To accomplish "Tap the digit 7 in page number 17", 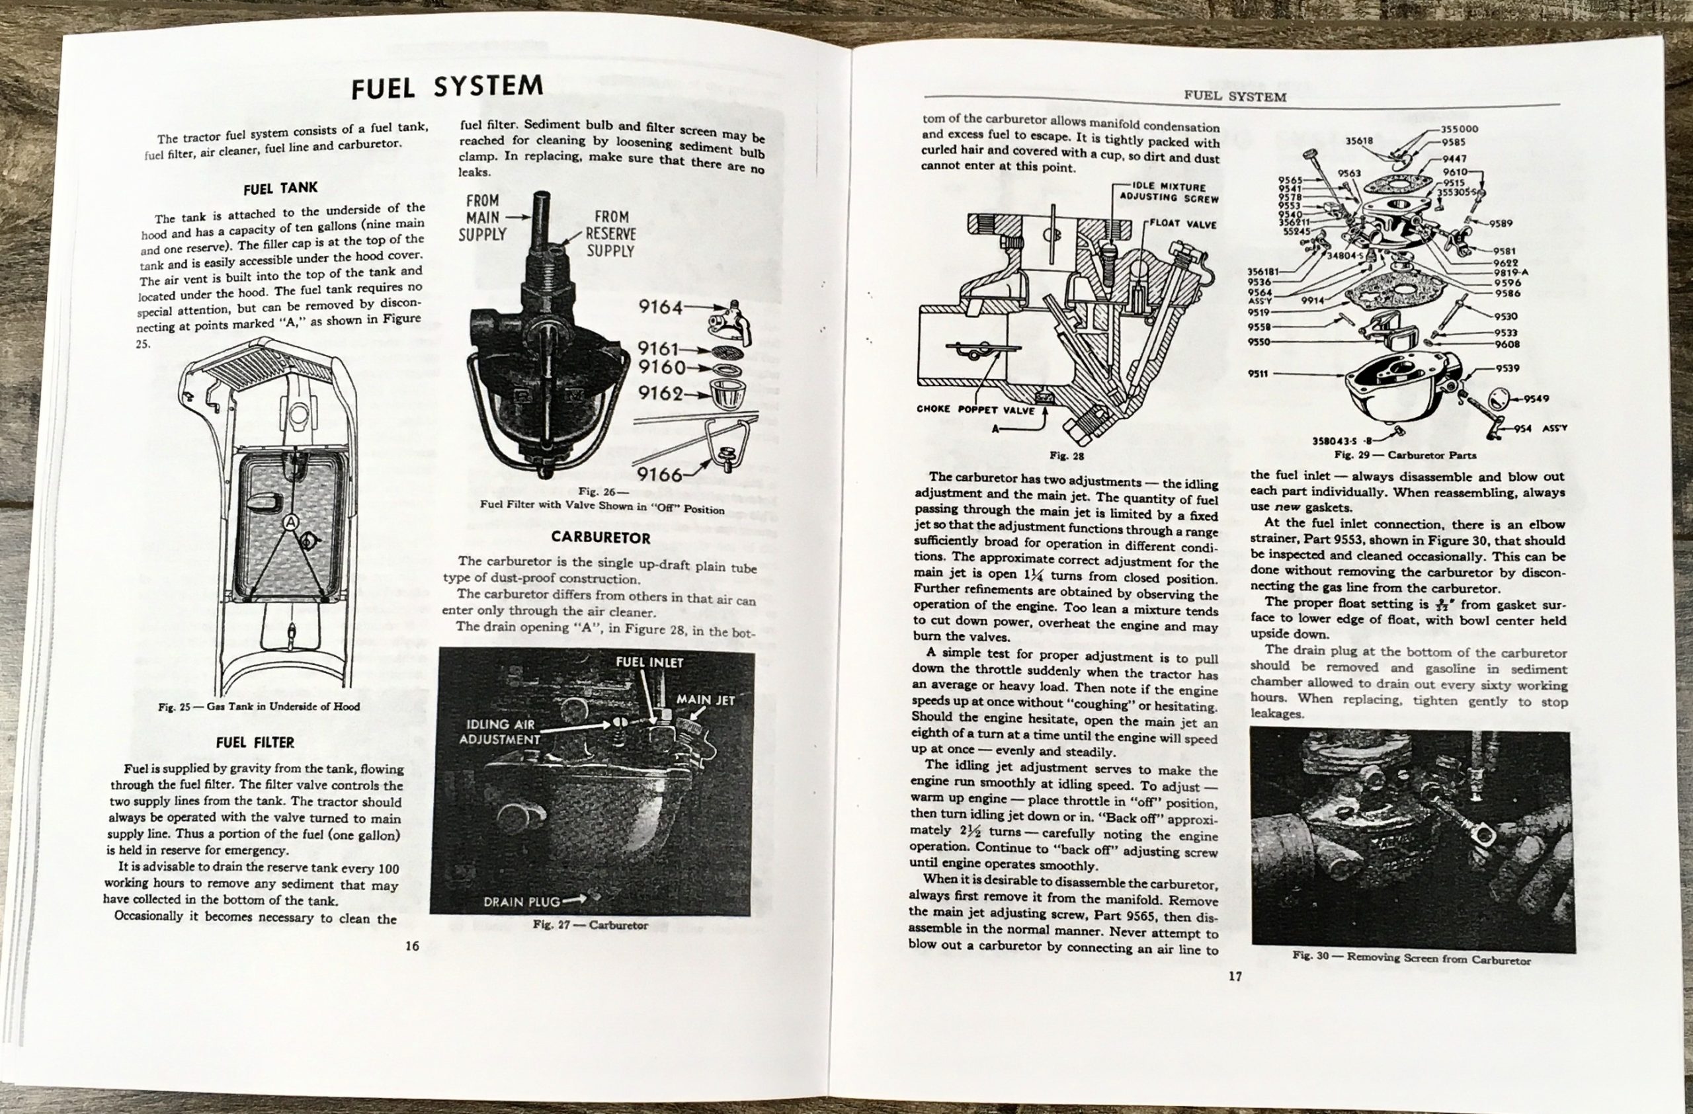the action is coord(1239,976).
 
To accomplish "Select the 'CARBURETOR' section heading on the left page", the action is coord(600,537).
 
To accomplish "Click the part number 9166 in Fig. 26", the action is coord(660,473).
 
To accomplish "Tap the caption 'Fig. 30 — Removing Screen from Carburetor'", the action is coord(1411,959).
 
